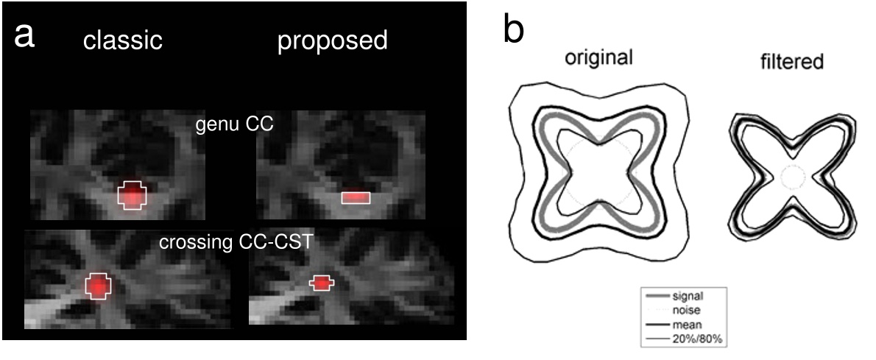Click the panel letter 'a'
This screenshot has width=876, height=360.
tap(25, 37)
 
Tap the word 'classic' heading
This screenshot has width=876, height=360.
tap(123, 40)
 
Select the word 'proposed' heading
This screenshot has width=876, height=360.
tap(333, 41)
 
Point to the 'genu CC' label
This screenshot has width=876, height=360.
tap(234, 124)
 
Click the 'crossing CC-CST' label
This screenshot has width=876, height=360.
tap(236, 244)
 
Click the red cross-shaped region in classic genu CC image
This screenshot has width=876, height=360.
tap(133, 195)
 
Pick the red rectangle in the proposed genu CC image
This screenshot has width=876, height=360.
tap(356, 197)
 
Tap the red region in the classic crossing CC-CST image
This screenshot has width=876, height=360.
tap(98, 286)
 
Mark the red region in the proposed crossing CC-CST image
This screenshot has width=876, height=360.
tap(321, 283)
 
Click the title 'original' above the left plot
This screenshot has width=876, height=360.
tap(598, 58)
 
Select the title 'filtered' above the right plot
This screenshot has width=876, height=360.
tap(791, 62)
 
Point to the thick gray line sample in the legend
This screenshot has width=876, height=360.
tap(658, 297)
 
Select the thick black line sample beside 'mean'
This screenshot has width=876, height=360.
tap(658, 324)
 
